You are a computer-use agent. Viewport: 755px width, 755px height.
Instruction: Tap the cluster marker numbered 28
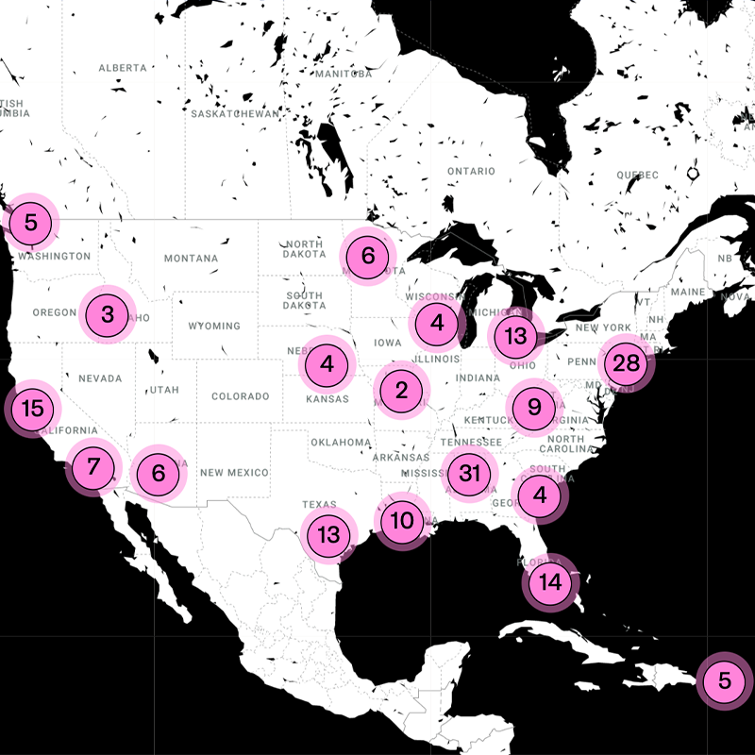(x=626, y=363)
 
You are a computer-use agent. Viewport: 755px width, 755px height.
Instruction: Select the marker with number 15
(x=33, y=409)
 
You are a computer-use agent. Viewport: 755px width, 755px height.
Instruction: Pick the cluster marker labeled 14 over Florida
(x=551, y=582)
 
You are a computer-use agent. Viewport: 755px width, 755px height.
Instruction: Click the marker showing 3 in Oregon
(x=108, y=314)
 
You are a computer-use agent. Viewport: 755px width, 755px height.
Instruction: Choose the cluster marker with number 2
(x=402, y=389)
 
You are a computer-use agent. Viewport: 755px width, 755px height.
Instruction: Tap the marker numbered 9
(x=534, y=408)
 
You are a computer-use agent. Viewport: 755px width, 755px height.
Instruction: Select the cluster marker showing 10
(x=402, y=520)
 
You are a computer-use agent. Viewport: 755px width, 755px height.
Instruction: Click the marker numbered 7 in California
(x=92, y=466)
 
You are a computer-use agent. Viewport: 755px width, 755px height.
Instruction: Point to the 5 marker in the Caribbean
(x=724, y=679)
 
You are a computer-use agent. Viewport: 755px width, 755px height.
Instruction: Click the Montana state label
(x=191, y=259)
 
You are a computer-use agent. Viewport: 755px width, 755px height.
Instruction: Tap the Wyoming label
(x=214, y=327)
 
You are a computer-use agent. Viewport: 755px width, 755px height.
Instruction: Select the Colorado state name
(x=241, y=397)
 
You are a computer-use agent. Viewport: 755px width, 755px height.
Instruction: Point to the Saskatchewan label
(x=235, y=114)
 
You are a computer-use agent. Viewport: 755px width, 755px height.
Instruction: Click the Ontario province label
(x=471, y=172)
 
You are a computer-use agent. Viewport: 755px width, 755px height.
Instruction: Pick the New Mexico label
(x=234, y=473)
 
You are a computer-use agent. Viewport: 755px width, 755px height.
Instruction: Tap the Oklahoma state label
(x=341, y=442)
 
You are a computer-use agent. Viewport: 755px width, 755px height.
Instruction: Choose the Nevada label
(x=100, y=378)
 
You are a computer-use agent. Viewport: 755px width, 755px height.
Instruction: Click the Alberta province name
(x=123, y=68)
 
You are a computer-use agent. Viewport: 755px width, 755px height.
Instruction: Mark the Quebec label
(x=637, y=176)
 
